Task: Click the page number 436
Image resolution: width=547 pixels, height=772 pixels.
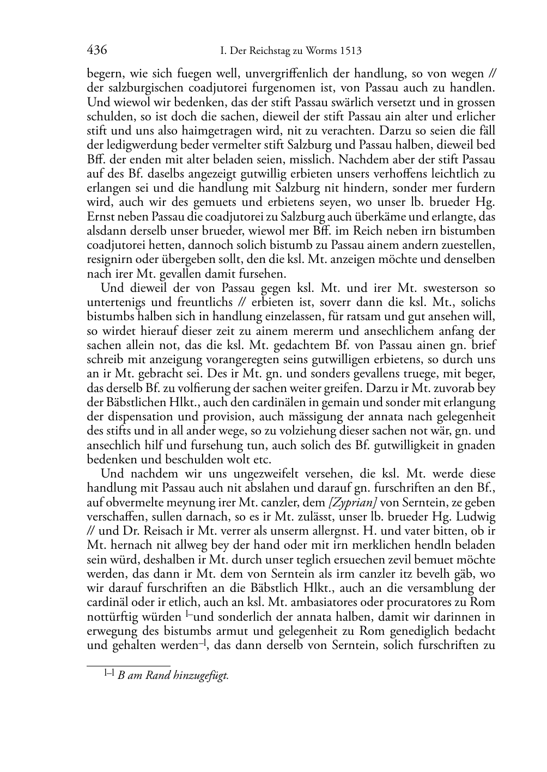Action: tap(96, 51)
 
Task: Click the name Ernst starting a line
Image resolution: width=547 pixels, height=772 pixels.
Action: tap(99, 217)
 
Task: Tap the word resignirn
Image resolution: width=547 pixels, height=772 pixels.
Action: tap(109, 260)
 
